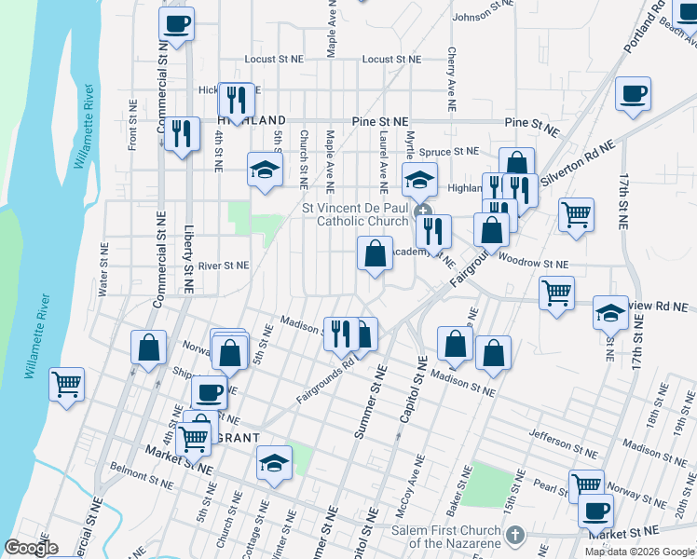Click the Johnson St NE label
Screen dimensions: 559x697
pyautogui.click(x=483, y=17)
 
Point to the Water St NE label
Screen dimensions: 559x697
pyautogui.click(x=103, y=270)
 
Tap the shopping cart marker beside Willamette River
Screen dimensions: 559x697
pyautogui.click(x=67, y=383)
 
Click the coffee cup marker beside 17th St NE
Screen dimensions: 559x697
pyautogui.click(x=633, y=93)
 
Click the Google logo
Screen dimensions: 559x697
pyautogui.click(x=31, y=548)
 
